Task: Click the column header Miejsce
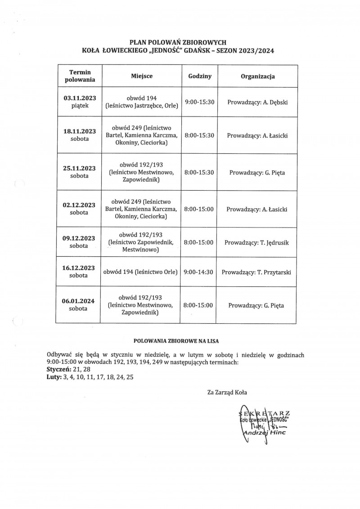[x=142, y=76]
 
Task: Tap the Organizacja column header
[x=258, y=76]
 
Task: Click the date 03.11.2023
[x=80, y=98]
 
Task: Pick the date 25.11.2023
[x=80, y=168]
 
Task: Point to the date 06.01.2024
[x=79, y=301]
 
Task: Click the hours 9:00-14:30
[x=198, y=272]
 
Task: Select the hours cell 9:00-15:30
[x=198, y=102]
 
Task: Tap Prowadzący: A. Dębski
[x=257, y=102]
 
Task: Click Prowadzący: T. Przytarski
[x=258, y=272]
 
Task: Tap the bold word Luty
[x=54, y=378]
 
